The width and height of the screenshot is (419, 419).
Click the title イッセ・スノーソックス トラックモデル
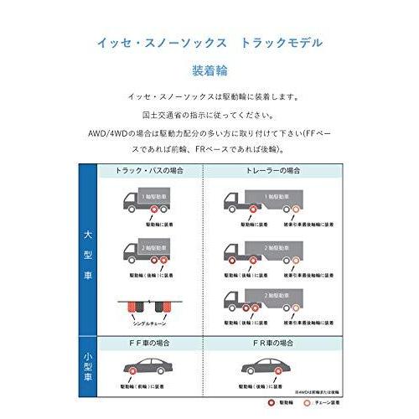[x=209, y=41]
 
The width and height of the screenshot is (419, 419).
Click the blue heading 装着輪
[x=209, y=71]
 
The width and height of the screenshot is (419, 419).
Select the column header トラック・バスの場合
[x=151, y=170]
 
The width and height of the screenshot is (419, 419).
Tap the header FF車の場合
[x=151, y=344]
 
